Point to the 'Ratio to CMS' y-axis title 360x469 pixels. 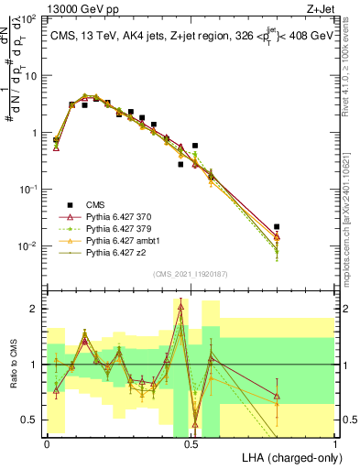point(12,365)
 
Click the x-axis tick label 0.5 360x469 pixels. point(191,443)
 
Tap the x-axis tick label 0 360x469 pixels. point(47,443)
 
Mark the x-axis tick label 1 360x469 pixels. point(335,443)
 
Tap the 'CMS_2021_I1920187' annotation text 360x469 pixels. point(191,273)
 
